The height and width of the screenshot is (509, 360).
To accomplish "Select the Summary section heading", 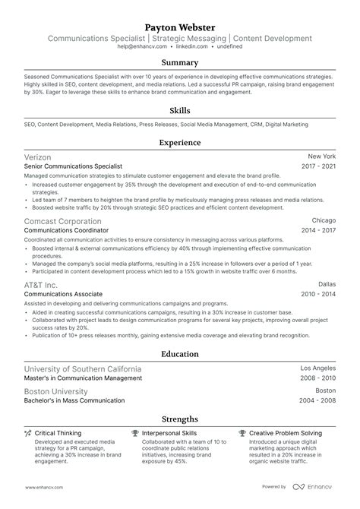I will tap(179, 62).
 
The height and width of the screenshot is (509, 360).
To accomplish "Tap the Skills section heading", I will tap(179, 110).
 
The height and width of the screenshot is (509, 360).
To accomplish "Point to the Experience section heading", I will tap(179, 142).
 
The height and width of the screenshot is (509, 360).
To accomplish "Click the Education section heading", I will tap(179, 354).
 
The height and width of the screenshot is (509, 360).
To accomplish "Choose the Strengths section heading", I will tap(179, 419).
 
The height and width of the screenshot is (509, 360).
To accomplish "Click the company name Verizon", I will tap(40, 155).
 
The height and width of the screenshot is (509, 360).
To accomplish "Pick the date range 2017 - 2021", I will tap(318, 166).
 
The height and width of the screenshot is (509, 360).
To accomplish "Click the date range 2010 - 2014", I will tap(318, 293).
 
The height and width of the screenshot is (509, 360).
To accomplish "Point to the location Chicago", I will tap(323, 219).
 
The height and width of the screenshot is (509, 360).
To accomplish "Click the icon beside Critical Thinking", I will tap(28, 433).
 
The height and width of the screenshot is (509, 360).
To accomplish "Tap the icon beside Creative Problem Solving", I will tap(242, 433).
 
